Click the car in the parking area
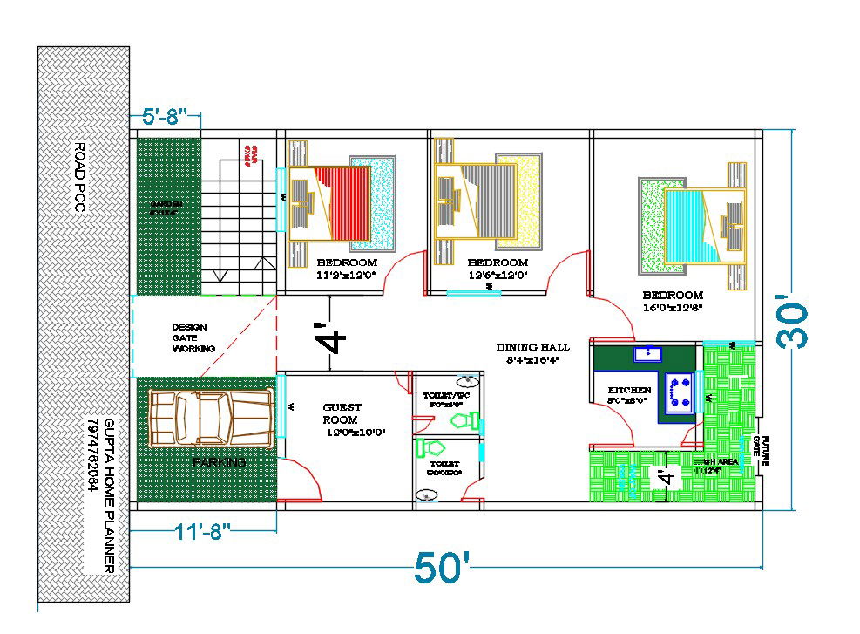213,416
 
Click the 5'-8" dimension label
165,119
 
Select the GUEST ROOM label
342,413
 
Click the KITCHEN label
629,390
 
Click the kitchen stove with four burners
680,392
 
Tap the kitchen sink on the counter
648,353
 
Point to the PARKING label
219,462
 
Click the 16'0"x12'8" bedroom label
672,301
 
